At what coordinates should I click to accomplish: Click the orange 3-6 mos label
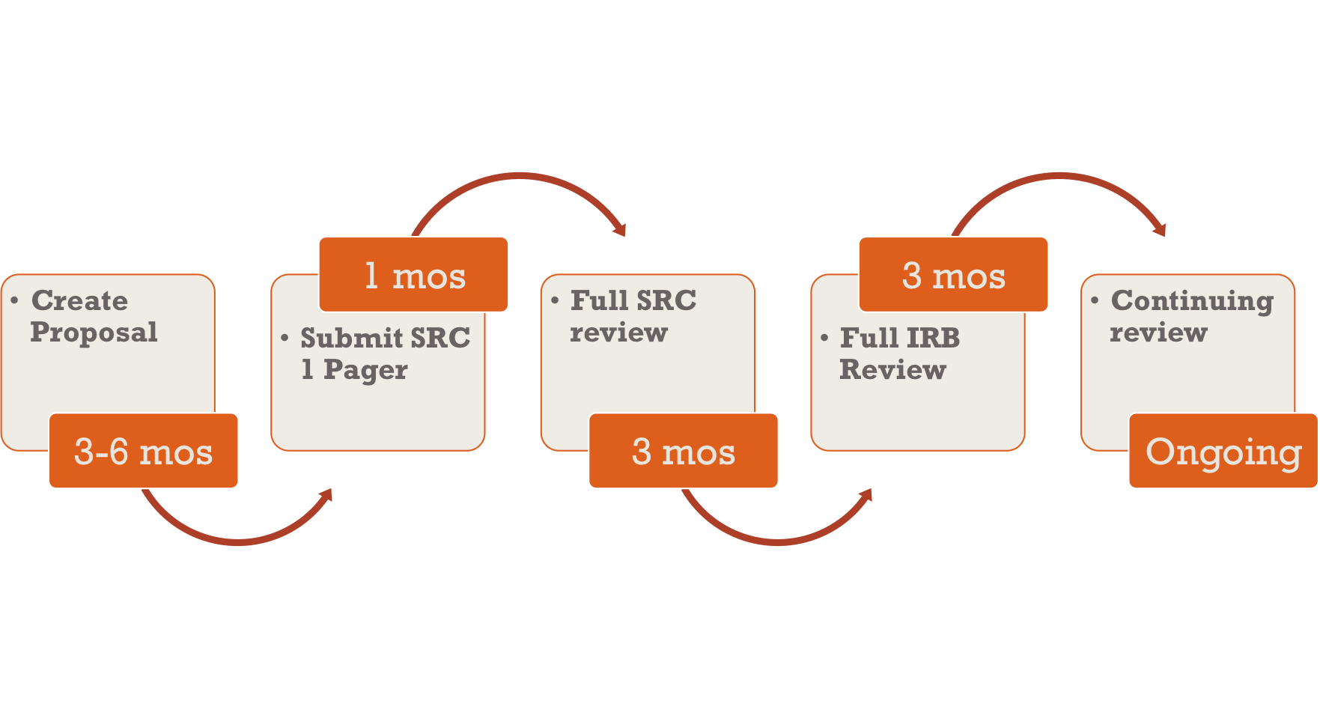click(143, 451)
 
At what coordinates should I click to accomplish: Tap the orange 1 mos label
click(413, 275)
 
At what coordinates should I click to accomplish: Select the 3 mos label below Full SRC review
click(684, 451)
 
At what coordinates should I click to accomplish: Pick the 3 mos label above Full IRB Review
click(953, 275)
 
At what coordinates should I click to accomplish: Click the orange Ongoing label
click(1223, 451)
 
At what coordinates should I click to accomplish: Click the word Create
click(79, 300)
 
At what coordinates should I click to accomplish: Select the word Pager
click(365, 371)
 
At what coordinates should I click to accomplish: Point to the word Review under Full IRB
click(892, 370)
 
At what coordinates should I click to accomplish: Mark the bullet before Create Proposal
click(15, 301)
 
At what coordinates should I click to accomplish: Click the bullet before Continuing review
click(1095, 301)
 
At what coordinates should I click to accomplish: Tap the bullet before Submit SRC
click(285, 339)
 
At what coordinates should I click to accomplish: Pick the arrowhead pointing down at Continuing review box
click(1158, 228)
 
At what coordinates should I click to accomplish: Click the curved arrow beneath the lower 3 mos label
click(778, 542)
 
